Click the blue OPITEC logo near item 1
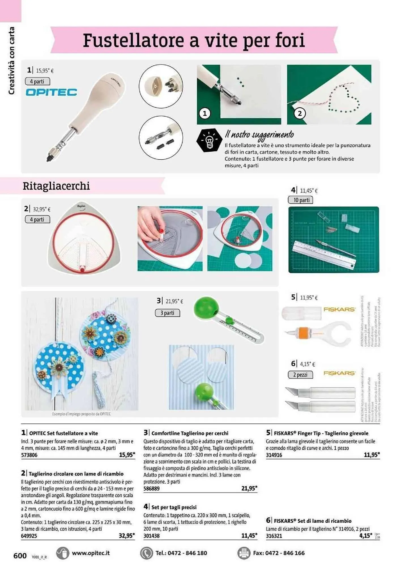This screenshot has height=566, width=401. click(x=51, y=92)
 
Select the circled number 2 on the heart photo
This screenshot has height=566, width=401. click(x=300, y=113)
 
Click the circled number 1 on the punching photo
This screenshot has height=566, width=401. click(x=204, y=113)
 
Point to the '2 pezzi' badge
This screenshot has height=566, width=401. click(x=300, y=375)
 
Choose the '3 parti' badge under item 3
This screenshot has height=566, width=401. click(x=167, y=313)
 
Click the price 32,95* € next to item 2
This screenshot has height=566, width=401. click(x=42, y=209)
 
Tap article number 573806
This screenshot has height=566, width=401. click(x=29, y=455)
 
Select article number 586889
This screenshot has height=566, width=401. click(x=152, y=488)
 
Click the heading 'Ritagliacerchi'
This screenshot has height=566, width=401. click(x=56, y=186)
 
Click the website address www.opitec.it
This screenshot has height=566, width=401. click(x=91, y=553)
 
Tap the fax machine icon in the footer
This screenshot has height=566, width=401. click(x=244, y=553)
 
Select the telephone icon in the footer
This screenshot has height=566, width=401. click(x=146, y=553)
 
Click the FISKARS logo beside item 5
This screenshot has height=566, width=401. click(x=339, y=310)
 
